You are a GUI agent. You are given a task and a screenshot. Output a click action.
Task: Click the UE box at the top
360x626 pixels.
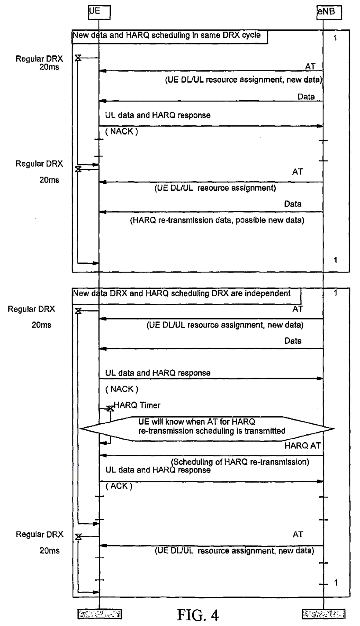coord(99,13)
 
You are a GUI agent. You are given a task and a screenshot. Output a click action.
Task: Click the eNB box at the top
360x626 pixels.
coord(329,13)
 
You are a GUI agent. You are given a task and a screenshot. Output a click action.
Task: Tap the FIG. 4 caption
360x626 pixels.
coord(198,615)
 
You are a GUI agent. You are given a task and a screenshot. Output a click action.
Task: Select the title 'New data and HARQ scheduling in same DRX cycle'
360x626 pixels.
coord(167,35)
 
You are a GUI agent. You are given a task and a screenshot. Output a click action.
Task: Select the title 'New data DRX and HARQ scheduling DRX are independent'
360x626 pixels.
coord(182,294)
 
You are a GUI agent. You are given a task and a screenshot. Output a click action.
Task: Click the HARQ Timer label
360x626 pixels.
coord(137,405)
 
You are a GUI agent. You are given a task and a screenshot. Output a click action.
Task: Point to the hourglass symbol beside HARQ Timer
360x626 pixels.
coord(110,409)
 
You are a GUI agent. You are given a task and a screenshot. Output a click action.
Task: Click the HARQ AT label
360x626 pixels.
coord(302,446)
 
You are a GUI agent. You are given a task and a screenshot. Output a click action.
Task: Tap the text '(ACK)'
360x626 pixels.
coord(119,486)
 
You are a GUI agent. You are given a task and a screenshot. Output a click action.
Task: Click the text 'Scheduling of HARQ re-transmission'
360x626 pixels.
coord(240,462)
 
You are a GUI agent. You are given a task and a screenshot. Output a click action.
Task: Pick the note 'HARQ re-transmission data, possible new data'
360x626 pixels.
coord(217,220)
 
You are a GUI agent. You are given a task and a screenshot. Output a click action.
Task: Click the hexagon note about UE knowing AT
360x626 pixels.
coord(207,429)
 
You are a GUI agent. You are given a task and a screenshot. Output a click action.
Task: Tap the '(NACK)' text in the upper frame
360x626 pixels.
coord(122,131)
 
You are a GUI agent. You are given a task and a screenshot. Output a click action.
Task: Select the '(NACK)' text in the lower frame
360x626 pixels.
coord(122,389)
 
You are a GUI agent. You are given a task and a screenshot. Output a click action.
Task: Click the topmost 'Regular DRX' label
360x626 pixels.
coord(39,59)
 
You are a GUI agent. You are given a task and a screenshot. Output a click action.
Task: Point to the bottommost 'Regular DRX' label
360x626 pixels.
coord(40,534)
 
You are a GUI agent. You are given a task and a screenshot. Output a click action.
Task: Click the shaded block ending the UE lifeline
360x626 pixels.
coord(99,614)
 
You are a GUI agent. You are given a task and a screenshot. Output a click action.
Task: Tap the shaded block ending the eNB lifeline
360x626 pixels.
coord(324,614)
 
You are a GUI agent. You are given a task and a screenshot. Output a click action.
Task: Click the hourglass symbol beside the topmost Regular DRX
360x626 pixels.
coord(78,58)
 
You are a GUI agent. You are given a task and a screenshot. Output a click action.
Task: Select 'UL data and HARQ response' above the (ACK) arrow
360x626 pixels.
coord(158,470)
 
